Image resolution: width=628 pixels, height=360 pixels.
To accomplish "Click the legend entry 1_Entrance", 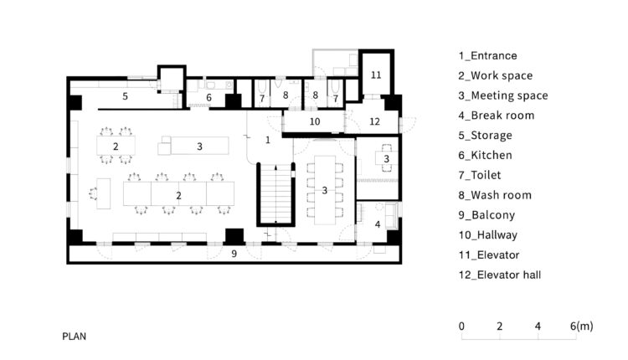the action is pyautogui.click(x=488, y=55).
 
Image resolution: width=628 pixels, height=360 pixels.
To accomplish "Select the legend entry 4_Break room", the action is pyautogui.click(x=497, y=116).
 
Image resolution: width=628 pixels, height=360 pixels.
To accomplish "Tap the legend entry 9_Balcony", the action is pyautogui.click(x=486, y=215).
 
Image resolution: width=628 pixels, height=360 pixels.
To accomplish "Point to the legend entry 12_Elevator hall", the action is pyautogui.click(x=500, y=275).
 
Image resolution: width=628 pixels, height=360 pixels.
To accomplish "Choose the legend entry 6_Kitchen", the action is pyautogui.click(x=485, y=155).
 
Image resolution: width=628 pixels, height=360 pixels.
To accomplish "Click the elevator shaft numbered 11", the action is pyautogui.click(x=376, y=75).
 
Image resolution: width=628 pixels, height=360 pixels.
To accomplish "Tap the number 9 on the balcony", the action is pyautogui.click(x=234, y=253).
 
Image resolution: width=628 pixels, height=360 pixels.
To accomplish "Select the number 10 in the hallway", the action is pyautogui.click(x=315, y=121).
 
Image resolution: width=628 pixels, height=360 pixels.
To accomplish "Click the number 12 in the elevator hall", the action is pyautogui.click(x=374, y=121).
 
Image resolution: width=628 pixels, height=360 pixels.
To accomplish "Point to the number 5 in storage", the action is pyautogui.click(x=125, y=96).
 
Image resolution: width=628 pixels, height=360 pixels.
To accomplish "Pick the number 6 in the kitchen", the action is pyautogui.click(x=208, y=97).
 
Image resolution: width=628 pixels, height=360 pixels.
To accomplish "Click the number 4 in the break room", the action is pyautogui.click(x=378, y=224).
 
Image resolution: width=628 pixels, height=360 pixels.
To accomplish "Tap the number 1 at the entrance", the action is pyautogui.click(x=268, y=140).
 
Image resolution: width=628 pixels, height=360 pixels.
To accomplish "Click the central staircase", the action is pyautogui.click(x=275, y=194).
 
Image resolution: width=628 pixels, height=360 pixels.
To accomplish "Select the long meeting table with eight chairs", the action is pyautogui.click(x=325, y=190).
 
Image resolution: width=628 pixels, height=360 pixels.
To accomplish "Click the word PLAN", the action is pyautogui.click(x=74, y=336).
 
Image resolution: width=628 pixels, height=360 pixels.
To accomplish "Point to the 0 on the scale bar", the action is pyautogui.click(x=461, y=327).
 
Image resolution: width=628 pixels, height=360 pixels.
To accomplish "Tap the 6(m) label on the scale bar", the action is pyautogui.click(x=582, y=326).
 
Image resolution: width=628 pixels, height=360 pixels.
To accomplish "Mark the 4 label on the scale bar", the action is pyautogui.click(x=538, y=327).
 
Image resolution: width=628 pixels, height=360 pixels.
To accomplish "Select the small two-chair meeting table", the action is pyautogui.click(x=386, y=158).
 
